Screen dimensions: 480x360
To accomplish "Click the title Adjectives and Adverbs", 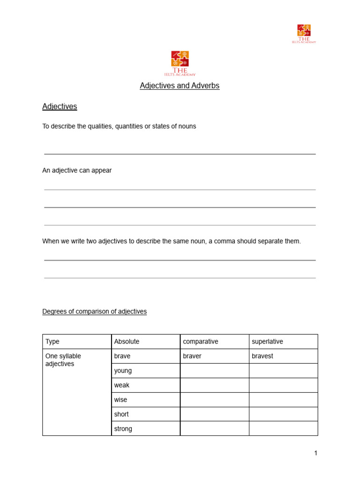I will coord(180,86).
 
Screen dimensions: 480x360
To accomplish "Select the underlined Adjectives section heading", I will coord(60,106).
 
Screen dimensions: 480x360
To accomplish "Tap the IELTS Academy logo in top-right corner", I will coord(304,33).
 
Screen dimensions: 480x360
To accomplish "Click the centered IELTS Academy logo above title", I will coord(180,63).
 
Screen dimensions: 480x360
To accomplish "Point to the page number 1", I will coord(316,453).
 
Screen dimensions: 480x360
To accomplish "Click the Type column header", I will coord(52,342).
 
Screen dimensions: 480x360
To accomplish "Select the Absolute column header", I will coord(127,342).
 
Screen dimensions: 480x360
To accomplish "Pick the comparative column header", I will coord(201,342).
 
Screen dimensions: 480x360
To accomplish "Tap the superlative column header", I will coord(267,342).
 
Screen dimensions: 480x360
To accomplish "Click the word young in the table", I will coord(123,371).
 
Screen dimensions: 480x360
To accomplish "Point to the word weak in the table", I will coord(121,385).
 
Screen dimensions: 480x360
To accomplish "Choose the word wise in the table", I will coord(120,400).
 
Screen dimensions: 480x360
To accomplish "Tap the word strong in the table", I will coord(123,429).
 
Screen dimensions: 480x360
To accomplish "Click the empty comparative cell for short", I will coord(214,414).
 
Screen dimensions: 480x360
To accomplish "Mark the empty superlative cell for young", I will coord(283,371).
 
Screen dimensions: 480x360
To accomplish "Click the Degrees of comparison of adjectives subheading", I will coord(94,311).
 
